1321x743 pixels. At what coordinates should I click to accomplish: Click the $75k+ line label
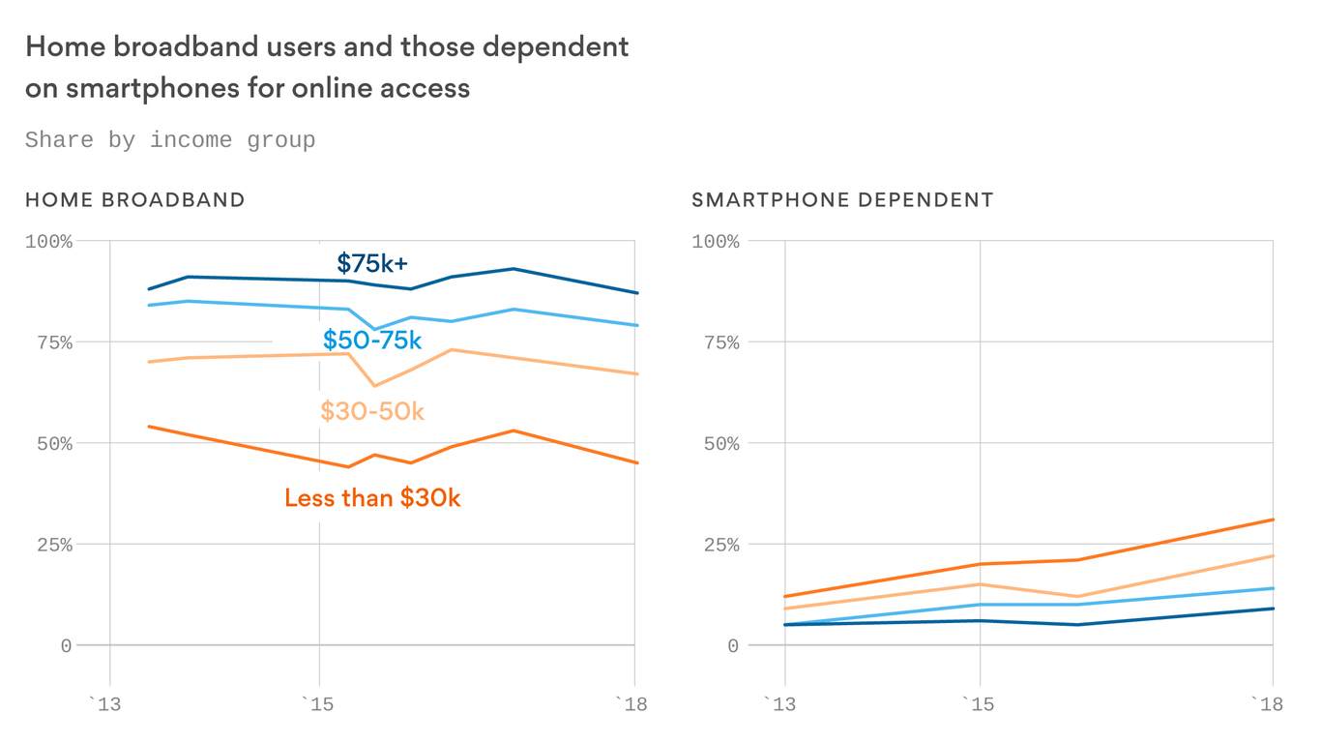[x=372, y=263]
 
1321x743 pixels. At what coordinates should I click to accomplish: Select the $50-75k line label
[x=372, y=341]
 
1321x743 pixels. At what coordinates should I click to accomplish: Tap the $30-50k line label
[x=372, y=411]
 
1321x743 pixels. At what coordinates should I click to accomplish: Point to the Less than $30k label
[x=372, y=498]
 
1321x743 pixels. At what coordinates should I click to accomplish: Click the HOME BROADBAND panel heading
[x=134, y=200]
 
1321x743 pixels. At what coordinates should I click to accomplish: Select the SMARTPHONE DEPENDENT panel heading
[x=842, y=200]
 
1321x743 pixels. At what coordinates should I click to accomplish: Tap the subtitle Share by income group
[x=170, y=140]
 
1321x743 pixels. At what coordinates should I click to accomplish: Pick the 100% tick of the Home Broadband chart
[x=48, y=241]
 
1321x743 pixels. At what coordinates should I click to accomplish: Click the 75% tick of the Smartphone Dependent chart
[x=716, y=342]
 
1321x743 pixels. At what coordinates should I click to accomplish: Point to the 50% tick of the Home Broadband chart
[x=48, y=443]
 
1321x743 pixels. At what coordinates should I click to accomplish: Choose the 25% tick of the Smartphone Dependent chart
[x=716, y=545]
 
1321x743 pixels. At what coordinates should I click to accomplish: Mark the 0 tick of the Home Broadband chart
[x=66, y=645]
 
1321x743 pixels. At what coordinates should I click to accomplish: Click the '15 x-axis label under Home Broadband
[x=318, y=703]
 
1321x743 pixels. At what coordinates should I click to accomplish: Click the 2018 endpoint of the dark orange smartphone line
[x=1273, y=520]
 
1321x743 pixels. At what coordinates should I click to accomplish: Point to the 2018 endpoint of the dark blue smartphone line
[x=1273, y=609]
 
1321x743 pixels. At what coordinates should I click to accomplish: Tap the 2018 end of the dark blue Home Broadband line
[x=636, y=293]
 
